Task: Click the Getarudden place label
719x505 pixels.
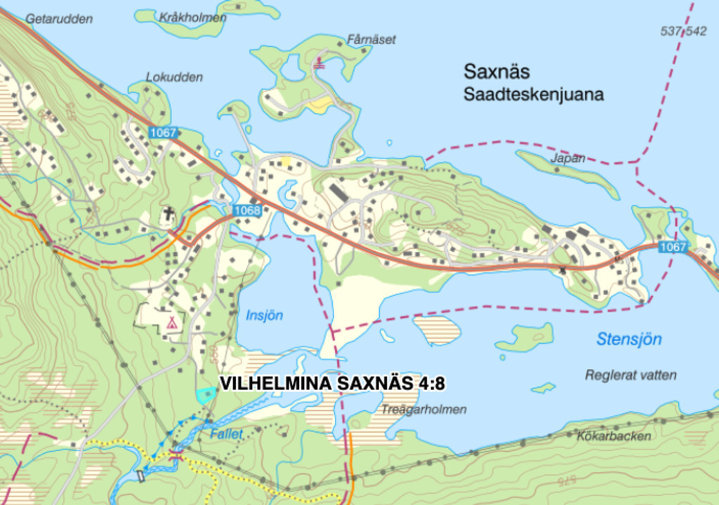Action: (x=59, y=19)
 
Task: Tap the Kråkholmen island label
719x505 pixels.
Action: (x=192, y=17)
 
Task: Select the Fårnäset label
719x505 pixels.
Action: (x=371, y=39)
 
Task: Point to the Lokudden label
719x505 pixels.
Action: (x=174, y=77)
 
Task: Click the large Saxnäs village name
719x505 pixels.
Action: (x=496, y=72)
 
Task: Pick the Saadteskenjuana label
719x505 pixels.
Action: (x=533, y=95)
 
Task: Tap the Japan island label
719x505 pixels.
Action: (x=567, y=159)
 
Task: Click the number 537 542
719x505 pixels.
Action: (x=683, y=31)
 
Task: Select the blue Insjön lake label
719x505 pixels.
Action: (x=264, y=316)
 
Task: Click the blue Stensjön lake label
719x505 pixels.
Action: (x=629, y=339)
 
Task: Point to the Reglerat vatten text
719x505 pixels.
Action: (x=631, y=375)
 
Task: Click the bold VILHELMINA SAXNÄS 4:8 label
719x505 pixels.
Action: (x=333, y=384)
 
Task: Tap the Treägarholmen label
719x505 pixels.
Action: (x=424, y=410)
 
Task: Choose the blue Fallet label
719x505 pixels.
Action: (x=226, y=434)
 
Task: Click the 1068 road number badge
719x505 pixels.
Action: (x=246, y=210)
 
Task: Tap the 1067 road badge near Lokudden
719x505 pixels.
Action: (x=163, y=132)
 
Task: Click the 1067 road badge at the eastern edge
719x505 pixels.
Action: (x=673, y=246)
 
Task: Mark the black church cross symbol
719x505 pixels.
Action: (x=169, y=213)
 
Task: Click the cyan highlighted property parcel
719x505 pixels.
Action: (x=205, y=395)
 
